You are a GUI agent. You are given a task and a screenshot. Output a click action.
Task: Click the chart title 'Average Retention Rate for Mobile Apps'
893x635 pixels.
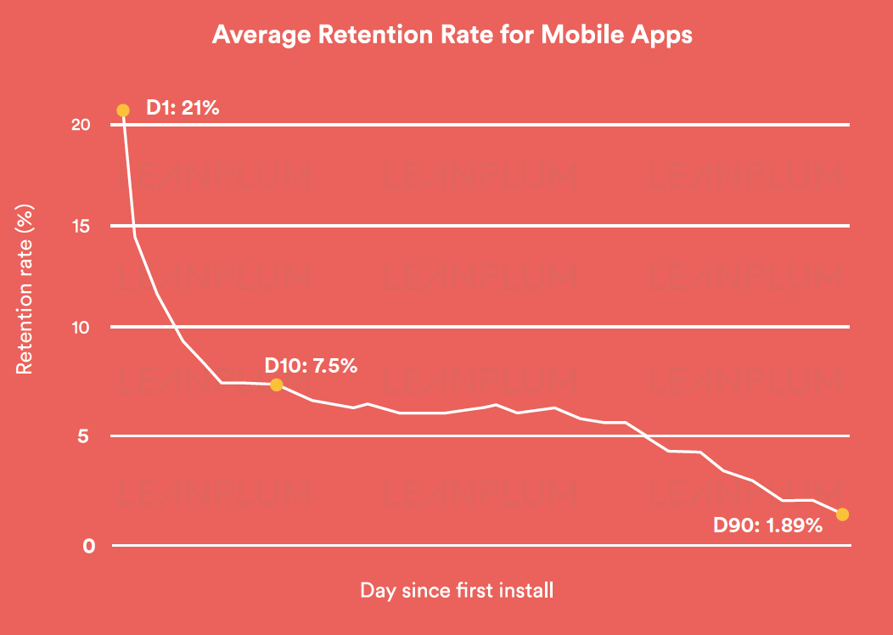tap(452, 35)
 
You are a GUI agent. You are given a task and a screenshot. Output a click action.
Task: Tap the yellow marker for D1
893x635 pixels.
tap(123, 110)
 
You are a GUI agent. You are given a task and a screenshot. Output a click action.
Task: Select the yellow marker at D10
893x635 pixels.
tap(276, 385)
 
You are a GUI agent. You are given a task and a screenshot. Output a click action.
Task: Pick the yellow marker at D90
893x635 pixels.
tap(842, 514)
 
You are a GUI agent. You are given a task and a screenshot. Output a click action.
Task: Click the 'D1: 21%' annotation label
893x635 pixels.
tap(183, 108)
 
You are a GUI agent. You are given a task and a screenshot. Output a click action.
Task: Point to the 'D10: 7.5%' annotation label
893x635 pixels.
tap(311, 366)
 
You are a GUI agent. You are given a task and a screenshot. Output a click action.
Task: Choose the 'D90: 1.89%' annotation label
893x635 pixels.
tap(767, 525)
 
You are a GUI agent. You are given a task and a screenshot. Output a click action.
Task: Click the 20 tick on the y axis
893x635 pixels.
tap(81, 125)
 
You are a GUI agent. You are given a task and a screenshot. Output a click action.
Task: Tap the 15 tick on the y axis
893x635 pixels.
tap(81, 226)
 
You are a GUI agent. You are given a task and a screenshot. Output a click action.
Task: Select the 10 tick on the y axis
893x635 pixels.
tap(81, 328)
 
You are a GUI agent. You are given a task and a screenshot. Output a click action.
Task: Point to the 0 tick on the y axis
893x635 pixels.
tap(87, 546)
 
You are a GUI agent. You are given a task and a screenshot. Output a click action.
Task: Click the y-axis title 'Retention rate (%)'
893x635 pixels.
tap(25, 289)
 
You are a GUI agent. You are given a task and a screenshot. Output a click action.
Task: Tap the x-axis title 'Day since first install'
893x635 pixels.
tap(457, 590)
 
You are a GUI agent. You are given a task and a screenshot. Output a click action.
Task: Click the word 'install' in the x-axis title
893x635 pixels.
tap(526, 590)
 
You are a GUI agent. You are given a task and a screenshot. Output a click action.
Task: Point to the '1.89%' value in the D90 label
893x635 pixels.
tap(795, 525)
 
